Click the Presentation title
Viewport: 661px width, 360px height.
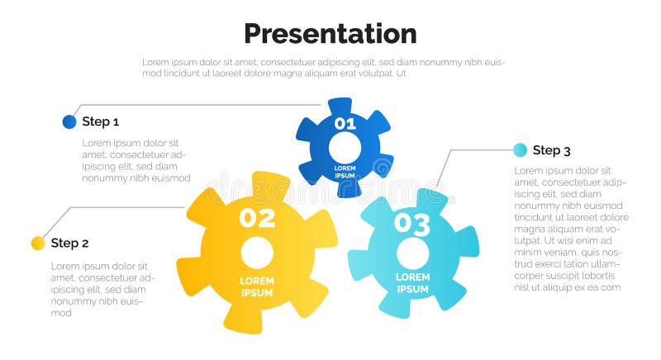pos(330,34)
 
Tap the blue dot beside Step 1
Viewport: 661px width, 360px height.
pos(69,122)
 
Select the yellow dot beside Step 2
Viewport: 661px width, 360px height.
pos(38,243)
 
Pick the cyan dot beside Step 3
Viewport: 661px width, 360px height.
pos(520,150)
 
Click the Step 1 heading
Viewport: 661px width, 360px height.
pos(101,122)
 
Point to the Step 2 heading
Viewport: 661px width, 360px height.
pos(69,243)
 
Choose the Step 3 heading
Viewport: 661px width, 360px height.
pos(551,150)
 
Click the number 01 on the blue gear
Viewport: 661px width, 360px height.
pos(345,125)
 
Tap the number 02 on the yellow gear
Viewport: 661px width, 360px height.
pos(257,218)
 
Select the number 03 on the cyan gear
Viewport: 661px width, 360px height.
pos(411,223)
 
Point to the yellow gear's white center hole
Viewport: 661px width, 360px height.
pos(257,251)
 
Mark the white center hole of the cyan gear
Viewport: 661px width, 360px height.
pos(412,252)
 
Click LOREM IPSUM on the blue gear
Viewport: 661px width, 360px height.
pos(345,172)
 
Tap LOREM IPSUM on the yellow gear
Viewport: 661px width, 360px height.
pos(257,287)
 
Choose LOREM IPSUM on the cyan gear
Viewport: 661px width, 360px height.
pos(412,283)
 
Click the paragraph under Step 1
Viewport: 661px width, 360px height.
pos(136,160)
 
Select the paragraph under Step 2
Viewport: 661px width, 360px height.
pos(103,289)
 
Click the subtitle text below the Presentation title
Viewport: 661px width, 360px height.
pos(323,68)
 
